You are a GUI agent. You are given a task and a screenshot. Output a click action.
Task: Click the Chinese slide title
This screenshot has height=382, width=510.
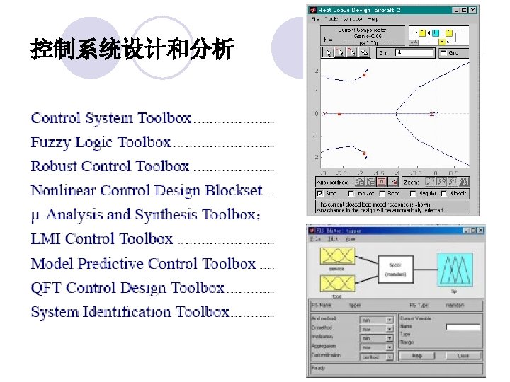click(x=132, y=50)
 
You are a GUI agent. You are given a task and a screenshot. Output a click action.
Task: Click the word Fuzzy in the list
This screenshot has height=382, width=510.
click(x=52, y=142)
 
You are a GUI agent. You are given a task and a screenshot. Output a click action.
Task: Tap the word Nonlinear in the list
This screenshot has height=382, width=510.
click(x=63, y=190)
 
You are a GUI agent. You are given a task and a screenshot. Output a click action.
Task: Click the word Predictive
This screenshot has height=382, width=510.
click(x=118, y=263)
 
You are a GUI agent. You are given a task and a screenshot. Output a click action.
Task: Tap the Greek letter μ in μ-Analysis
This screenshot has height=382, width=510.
click(x=35, y=215)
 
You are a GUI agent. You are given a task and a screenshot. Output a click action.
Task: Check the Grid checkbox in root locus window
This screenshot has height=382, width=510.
click(x=443, y=53)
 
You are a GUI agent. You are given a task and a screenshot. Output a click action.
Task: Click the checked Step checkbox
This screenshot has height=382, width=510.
click(x=321, y=193)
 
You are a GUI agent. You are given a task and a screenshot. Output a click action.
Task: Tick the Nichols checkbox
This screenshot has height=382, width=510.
click(x=443, y=193)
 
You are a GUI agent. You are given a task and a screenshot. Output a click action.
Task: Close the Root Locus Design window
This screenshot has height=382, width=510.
click(x=473, y=10)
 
